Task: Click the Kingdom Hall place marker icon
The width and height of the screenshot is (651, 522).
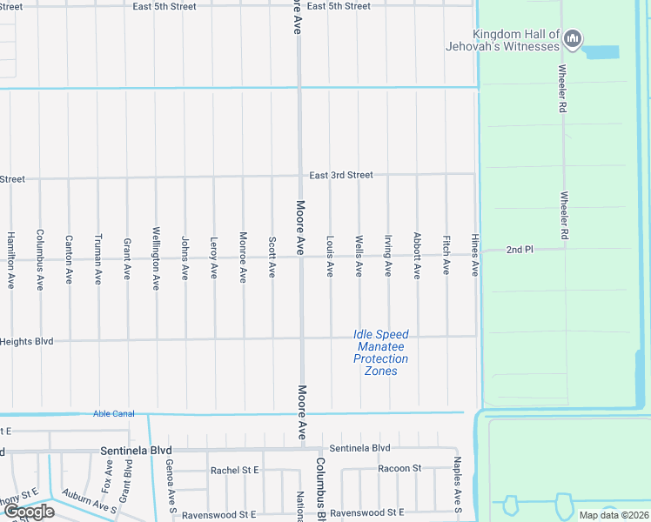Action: click(573, 38)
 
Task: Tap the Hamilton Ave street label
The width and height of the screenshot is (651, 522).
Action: click(11, 260)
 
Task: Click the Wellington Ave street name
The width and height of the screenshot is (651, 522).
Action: click(156, 258)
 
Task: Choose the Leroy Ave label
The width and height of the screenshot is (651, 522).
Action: click(214, 258)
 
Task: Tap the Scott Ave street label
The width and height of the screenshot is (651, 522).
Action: click(272, 258)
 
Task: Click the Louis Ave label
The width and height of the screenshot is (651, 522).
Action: click(330, 257)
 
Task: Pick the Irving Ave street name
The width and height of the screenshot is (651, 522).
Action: click(388, 257)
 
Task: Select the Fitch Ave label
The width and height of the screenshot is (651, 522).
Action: click(446, 256)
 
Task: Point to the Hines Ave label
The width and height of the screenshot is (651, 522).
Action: click(475, 256)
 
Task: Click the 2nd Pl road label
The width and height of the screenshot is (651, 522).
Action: click(520, 250)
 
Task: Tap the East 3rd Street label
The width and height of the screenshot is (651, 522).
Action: click(341, 175)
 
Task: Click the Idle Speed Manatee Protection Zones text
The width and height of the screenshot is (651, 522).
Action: click(380, 352)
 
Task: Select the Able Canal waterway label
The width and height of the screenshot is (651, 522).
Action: click(114, 413)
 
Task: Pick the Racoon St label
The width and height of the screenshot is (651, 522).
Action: click(399, 468)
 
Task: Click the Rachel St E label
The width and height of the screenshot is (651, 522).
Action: click(235, 470)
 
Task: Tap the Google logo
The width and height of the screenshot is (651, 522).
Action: click(30, 512)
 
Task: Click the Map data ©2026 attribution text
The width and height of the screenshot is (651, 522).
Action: click(614, 515)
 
